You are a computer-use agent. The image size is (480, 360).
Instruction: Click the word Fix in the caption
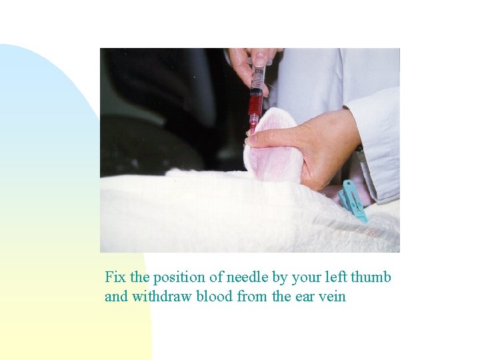(115, 277)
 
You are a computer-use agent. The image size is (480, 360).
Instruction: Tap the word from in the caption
(253, 297)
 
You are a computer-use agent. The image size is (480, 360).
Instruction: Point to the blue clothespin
(351, 199)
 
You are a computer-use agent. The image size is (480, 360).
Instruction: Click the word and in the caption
(117, 297)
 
